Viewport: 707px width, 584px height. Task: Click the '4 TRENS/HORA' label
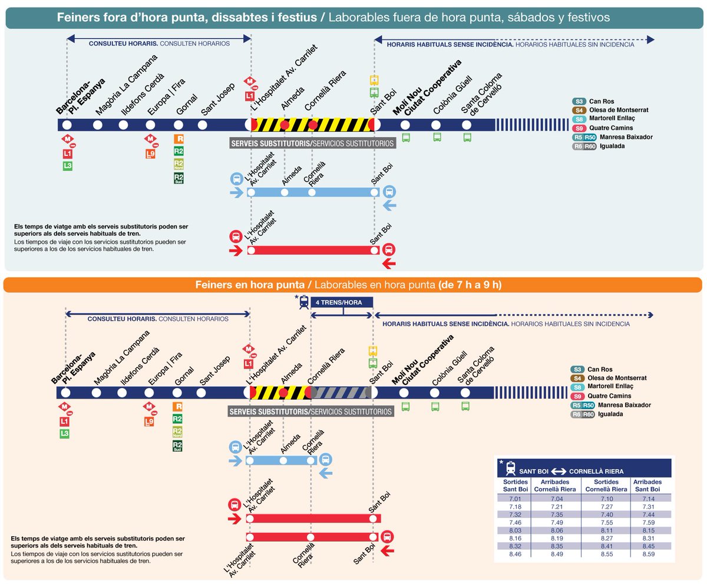click(342, 302)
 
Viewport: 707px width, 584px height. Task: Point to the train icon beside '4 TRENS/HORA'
click(303, 302)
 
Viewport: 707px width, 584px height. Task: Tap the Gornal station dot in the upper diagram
click(179, 125)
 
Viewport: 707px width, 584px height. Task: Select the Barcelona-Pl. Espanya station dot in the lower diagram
click(65, 393)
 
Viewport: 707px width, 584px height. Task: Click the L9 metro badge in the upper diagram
click(151, 155)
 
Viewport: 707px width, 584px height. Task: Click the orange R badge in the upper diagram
click(179, 140)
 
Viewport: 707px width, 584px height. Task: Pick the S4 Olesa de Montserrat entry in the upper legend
click(609, 110)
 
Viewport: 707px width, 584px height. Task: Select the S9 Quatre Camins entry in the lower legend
click(607, 396)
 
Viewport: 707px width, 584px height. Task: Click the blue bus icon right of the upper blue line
click(389, 192)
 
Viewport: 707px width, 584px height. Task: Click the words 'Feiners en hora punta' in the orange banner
click(249, 285)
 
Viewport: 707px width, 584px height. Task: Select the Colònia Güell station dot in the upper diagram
click(436, 125)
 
